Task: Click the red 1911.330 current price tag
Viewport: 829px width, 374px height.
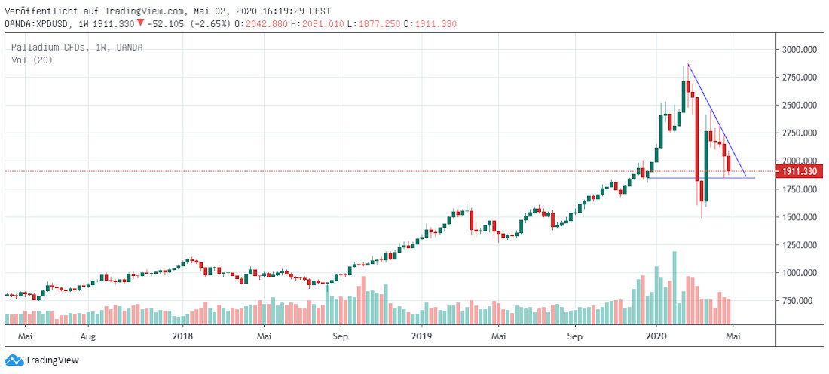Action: pyautogui.click(x=799, y=171)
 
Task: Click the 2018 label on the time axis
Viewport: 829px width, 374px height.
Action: pyautogui.click(x=182, y=335)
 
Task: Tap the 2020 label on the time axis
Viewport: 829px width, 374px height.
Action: pyautogui.click(x=657, y=335)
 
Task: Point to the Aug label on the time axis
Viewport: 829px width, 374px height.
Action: pyautogui.click(x=88, y=335)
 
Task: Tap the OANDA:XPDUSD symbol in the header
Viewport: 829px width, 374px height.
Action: pyautogui.click(x=37, y=24)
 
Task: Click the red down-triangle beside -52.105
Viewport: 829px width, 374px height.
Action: pyautogui.click(x=140, y=23)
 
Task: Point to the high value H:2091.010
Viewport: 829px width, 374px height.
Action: pyautogui.click(x=323, y=24)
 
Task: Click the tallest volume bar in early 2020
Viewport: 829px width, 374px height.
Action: pyautogui.click(x=675, y=287)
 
